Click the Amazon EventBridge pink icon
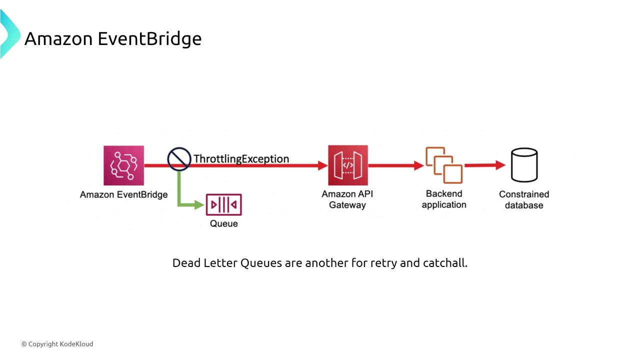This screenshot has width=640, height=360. [x=123, y=165]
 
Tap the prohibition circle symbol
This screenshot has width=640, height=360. [x=178, y=159]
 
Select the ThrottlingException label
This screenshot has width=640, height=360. [x=241, y=159]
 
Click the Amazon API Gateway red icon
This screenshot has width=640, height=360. [x=347, y=165]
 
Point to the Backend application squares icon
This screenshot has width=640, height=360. [x=444, y=165]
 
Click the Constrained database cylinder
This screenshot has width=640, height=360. [x=524, y=165]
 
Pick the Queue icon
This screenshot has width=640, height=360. [x=223, y=205]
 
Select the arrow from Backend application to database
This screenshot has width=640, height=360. [x=484, y=165]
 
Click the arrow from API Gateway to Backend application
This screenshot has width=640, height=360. [x=395, y=165]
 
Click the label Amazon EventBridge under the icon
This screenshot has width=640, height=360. [x=123, y=194]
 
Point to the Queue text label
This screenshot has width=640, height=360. [x=223, y=223]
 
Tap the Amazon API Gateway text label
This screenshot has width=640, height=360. [x=347, y=199]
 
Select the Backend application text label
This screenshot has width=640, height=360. [x=444, y=199]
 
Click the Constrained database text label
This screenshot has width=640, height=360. [x=524, y=199]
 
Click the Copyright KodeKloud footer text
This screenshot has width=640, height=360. [x=57, y=344]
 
